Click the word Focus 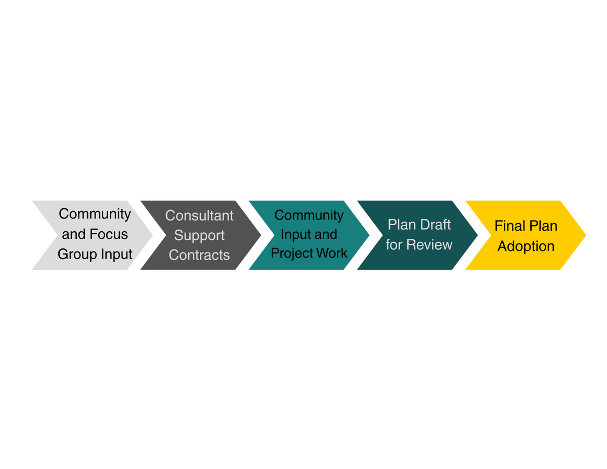point(109,234)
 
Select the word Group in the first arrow point(77,254)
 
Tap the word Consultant point(199,216)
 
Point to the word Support point(199,236)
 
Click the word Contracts point(199,255)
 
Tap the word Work point(331,253)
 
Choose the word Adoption point(526,246)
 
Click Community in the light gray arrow point(95,214)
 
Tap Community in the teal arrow point(309,215)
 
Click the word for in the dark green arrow point(394,245)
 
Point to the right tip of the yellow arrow point(585,235)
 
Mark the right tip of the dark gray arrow point(260,235)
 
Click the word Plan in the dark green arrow point(401,225)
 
